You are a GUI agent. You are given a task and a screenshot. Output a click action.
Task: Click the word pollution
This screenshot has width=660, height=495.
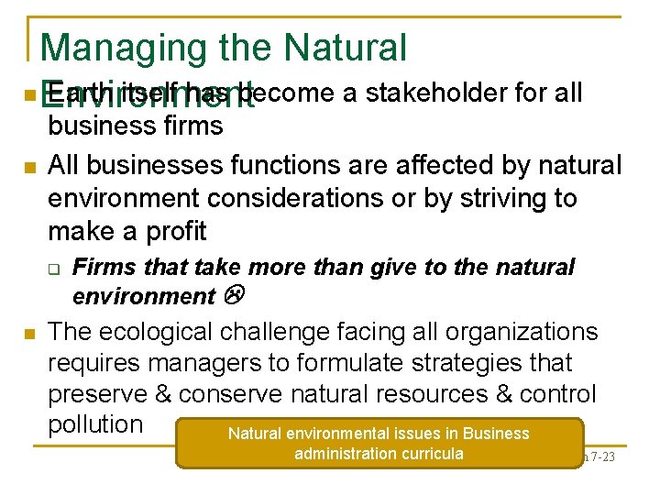click(95, 424)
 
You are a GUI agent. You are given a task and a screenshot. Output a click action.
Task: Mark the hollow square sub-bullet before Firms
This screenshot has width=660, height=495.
click(53, 269)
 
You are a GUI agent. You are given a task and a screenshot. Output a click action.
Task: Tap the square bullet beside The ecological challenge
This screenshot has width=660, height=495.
click(29, 334)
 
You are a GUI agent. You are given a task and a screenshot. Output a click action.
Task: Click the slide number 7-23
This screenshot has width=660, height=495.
click(599, 456)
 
